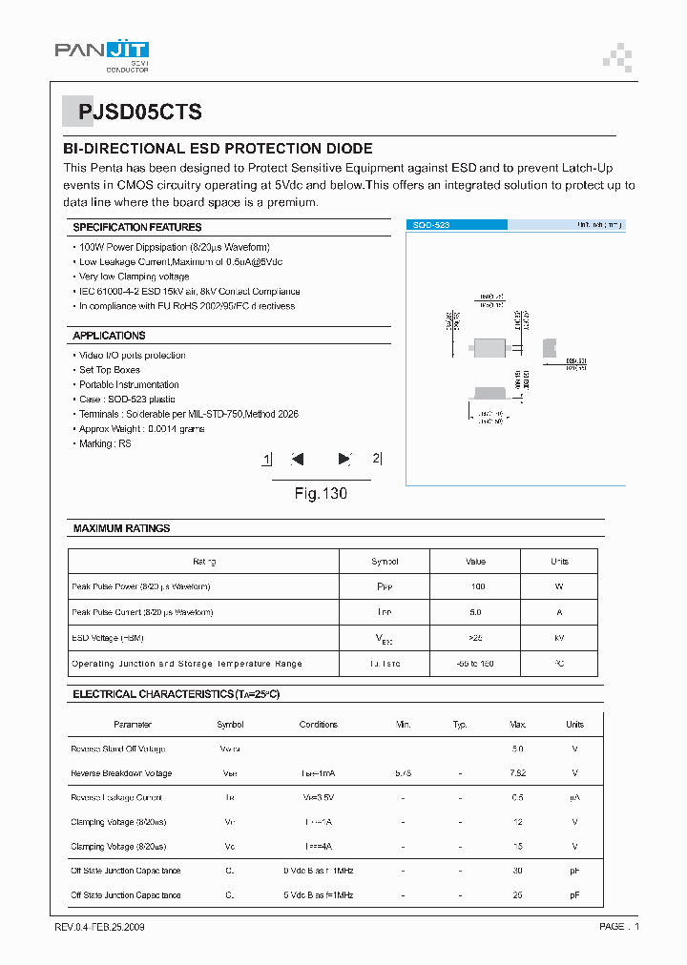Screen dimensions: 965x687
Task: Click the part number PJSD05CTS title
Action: (140, 113)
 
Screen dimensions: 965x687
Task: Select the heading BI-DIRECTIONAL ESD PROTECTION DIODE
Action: (218, 149)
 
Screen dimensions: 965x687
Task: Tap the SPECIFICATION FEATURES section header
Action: (137, 227)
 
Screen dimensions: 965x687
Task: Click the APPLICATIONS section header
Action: (109, 336)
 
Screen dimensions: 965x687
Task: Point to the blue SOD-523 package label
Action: (431, 225)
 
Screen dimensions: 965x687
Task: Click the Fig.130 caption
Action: (321, 494)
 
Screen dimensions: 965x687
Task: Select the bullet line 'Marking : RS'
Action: (105, 443)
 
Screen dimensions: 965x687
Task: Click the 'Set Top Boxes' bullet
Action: (109, 370)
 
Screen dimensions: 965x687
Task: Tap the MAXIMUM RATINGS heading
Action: (121, 528)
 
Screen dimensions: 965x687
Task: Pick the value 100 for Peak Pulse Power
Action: (478, 586)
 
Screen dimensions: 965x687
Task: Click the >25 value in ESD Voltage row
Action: (476, 637)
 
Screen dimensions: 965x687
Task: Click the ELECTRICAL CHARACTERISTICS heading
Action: (176, 694)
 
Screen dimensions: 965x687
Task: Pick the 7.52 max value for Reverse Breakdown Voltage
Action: (518, 773)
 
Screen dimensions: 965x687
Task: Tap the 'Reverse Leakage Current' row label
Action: (116, 797)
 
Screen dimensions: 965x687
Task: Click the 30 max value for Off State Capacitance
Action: (518, 871)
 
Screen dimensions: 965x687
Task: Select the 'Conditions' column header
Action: (318, 725)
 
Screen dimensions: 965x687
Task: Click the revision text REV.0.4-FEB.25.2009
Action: (100, 927)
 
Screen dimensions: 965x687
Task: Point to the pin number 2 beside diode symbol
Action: (375, 458)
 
